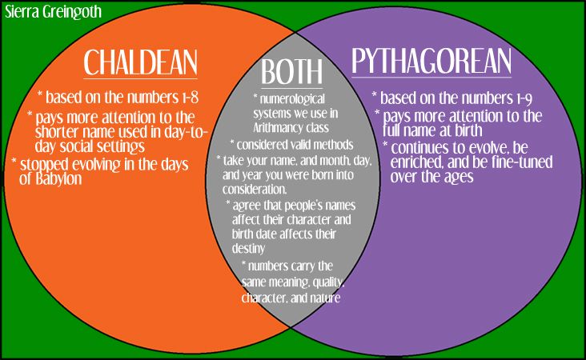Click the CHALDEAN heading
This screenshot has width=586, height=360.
click(140, 62)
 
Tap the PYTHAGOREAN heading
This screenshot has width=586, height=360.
click(431, 61)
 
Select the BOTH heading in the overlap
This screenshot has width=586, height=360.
click(291, 72)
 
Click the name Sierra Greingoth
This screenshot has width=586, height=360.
click(53, 12)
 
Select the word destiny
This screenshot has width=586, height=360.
click(248, 248)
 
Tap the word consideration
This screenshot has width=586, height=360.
click(255, 190)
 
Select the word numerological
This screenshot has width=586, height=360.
click(292, 99)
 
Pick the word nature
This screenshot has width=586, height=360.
click(327, 298)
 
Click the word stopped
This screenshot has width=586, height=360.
click(44, 165)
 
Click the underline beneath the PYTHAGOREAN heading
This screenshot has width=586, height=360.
click(431, 78)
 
